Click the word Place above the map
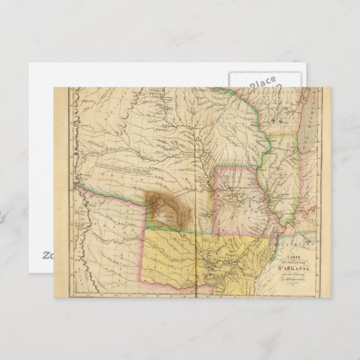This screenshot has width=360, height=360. tap(262, 82)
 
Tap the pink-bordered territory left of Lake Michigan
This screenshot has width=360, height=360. tap(272, 112)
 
